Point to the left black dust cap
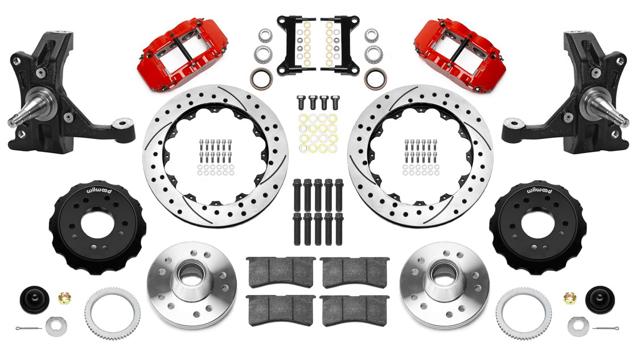click(35, 300)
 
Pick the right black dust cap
click(600, 300)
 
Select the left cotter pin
click(28, 328)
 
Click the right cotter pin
click(606, 328)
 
